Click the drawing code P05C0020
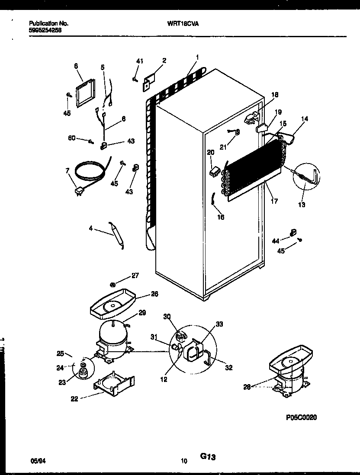(x=302, y=417)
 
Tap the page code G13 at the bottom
(x=208, y=456)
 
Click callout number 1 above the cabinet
(x=197, y=57)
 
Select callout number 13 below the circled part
(x=302, y=205)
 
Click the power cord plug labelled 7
(x=80, y=191)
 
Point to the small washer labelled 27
(x=112, y=284)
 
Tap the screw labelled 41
(x=135, y=79)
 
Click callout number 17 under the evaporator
(x=274, y=201)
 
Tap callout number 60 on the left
(x=72, y=138)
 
